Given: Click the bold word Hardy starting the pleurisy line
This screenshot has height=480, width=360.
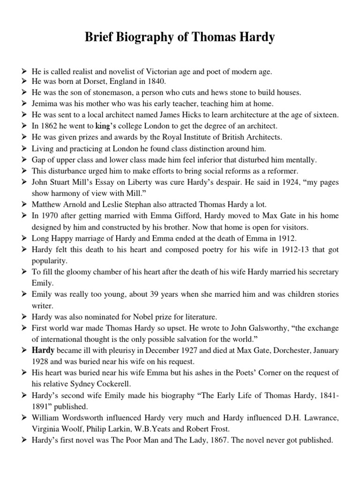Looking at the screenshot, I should [x=43, y=351].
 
